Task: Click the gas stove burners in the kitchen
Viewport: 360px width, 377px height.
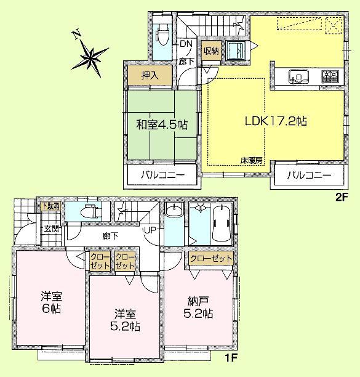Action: pos(330,77)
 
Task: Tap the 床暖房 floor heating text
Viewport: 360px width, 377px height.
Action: pos(250,160)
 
